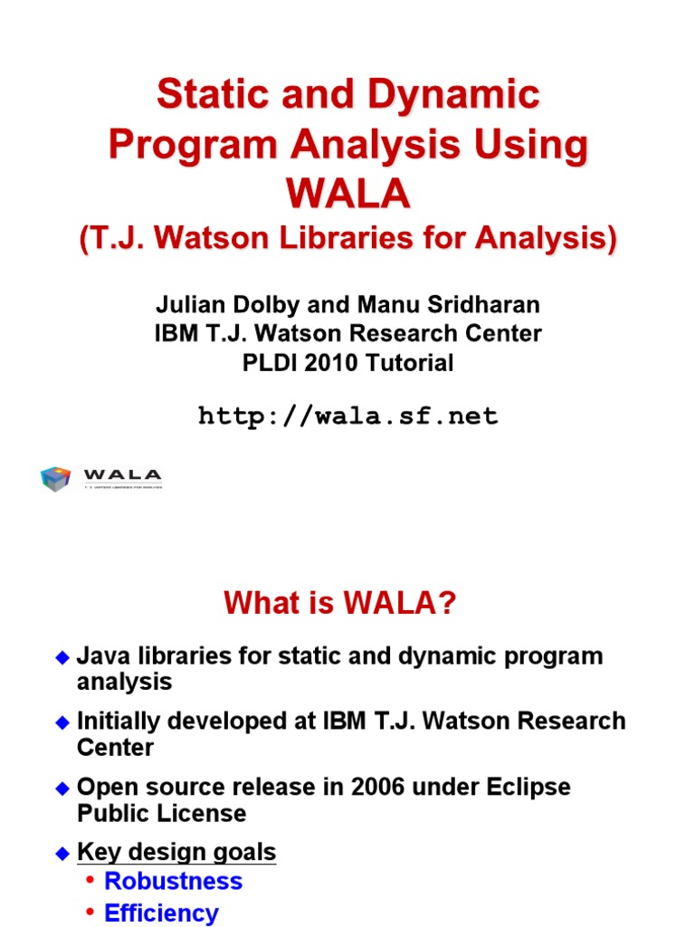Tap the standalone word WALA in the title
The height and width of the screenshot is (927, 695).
(x=347, y=193)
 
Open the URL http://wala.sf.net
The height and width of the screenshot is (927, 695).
(x=347, y=416)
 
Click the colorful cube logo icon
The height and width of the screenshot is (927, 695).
(x=56, y=479)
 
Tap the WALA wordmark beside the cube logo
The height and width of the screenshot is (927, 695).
(x=122, y=474)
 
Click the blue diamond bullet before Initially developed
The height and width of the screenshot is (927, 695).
(x=62, y=722)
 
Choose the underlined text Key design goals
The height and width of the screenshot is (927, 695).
(x=176, y=852)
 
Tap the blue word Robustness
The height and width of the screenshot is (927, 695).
(x=174, y=882)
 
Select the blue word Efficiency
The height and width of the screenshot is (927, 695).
(x=161, y=913)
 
